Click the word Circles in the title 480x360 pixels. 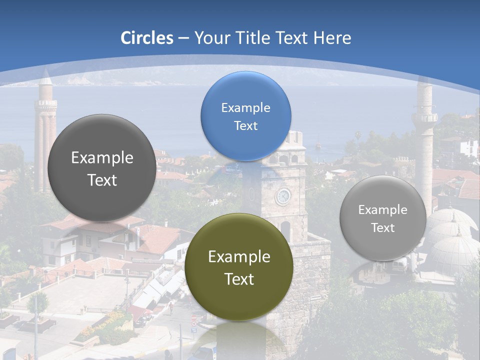click(146, 38)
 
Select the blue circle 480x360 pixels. click(245, 116)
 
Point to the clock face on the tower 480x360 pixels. click(283, 196)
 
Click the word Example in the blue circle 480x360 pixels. click(245, 107)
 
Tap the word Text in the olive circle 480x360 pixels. click(239, 279)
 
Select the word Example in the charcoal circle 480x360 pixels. click(102, 157)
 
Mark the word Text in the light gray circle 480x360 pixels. click(383, 227)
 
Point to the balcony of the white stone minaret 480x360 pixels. click(424, 118)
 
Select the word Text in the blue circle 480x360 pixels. click(245, 125)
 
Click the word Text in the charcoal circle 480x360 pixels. click(102, 180)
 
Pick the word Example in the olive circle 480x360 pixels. click(239, 256)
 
